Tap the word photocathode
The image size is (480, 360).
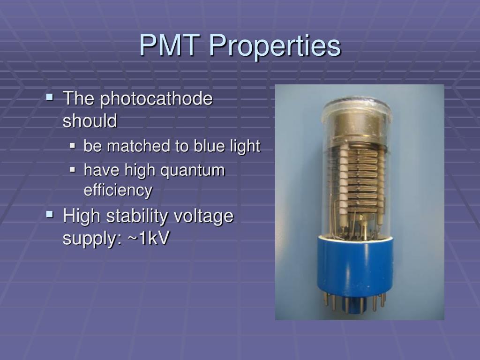pyautogui.click(x=157, y=99)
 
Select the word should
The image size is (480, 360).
pyautogui.click(x=90, y=121)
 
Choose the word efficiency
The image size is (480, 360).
pyautogui.click(x=118, y=190)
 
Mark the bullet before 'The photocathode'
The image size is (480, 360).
pyautogui.click(x=50, y=98)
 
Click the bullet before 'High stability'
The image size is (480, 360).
pyautogui.click(x=50, y=216)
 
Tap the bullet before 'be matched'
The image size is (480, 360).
pyautogui.click(x=73, y=146)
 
